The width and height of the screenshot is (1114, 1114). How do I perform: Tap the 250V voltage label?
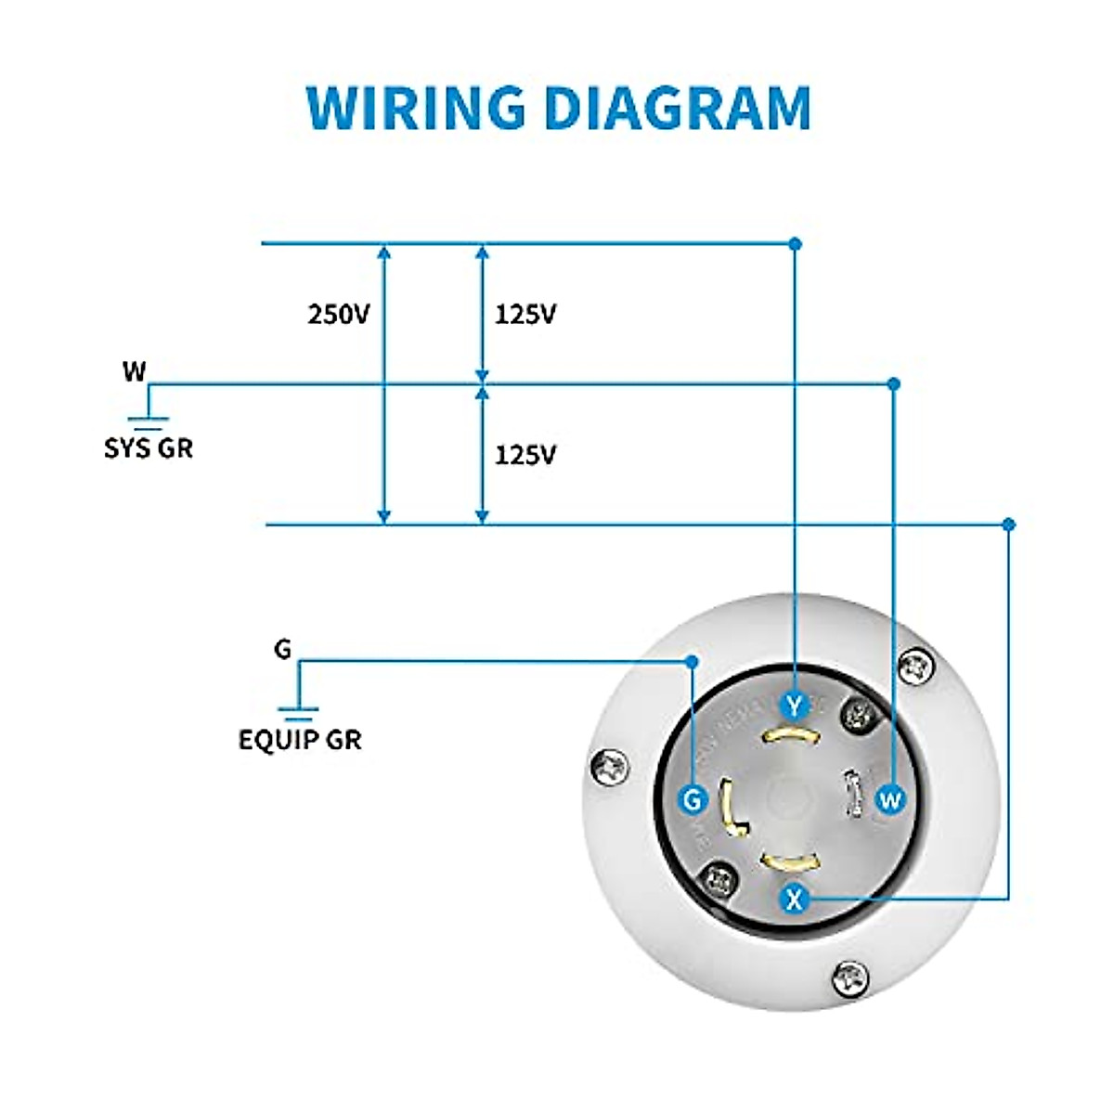(x=339, y=315)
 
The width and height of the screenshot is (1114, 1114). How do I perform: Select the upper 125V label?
(x=525, y=315)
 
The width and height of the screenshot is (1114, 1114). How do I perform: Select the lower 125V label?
(x=525, y=455)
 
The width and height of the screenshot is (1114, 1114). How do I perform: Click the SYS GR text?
(x=149, y=448)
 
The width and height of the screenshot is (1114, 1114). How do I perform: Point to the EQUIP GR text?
(x=300, y=740)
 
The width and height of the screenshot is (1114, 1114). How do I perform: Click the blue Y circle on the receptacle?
(x=794, y=706)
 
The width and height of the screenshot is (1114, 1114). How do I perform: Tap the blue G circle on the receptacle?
(x=693, y=799)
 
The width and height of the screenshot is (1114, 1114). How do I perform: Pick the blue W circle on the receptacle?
(x=889, y=798)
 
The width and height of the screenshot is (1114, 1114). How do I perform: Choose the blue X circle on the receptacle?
(x=793, y=899)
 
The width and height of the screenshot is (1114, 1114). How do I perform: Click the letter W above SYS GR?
(x=135, y=371)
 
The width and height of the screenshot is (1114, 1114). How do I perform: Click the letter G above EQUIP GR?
(x=282, y=649)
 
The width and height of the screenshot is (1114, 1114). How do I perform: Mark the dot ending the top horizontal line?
(x=795, y=243)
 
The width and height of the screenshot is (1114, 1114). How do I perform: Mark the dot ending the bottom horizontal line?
(x=1009, y=525)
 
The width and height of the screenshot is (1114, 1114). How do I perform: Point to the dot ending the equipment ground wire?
(x=692, y=661)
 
